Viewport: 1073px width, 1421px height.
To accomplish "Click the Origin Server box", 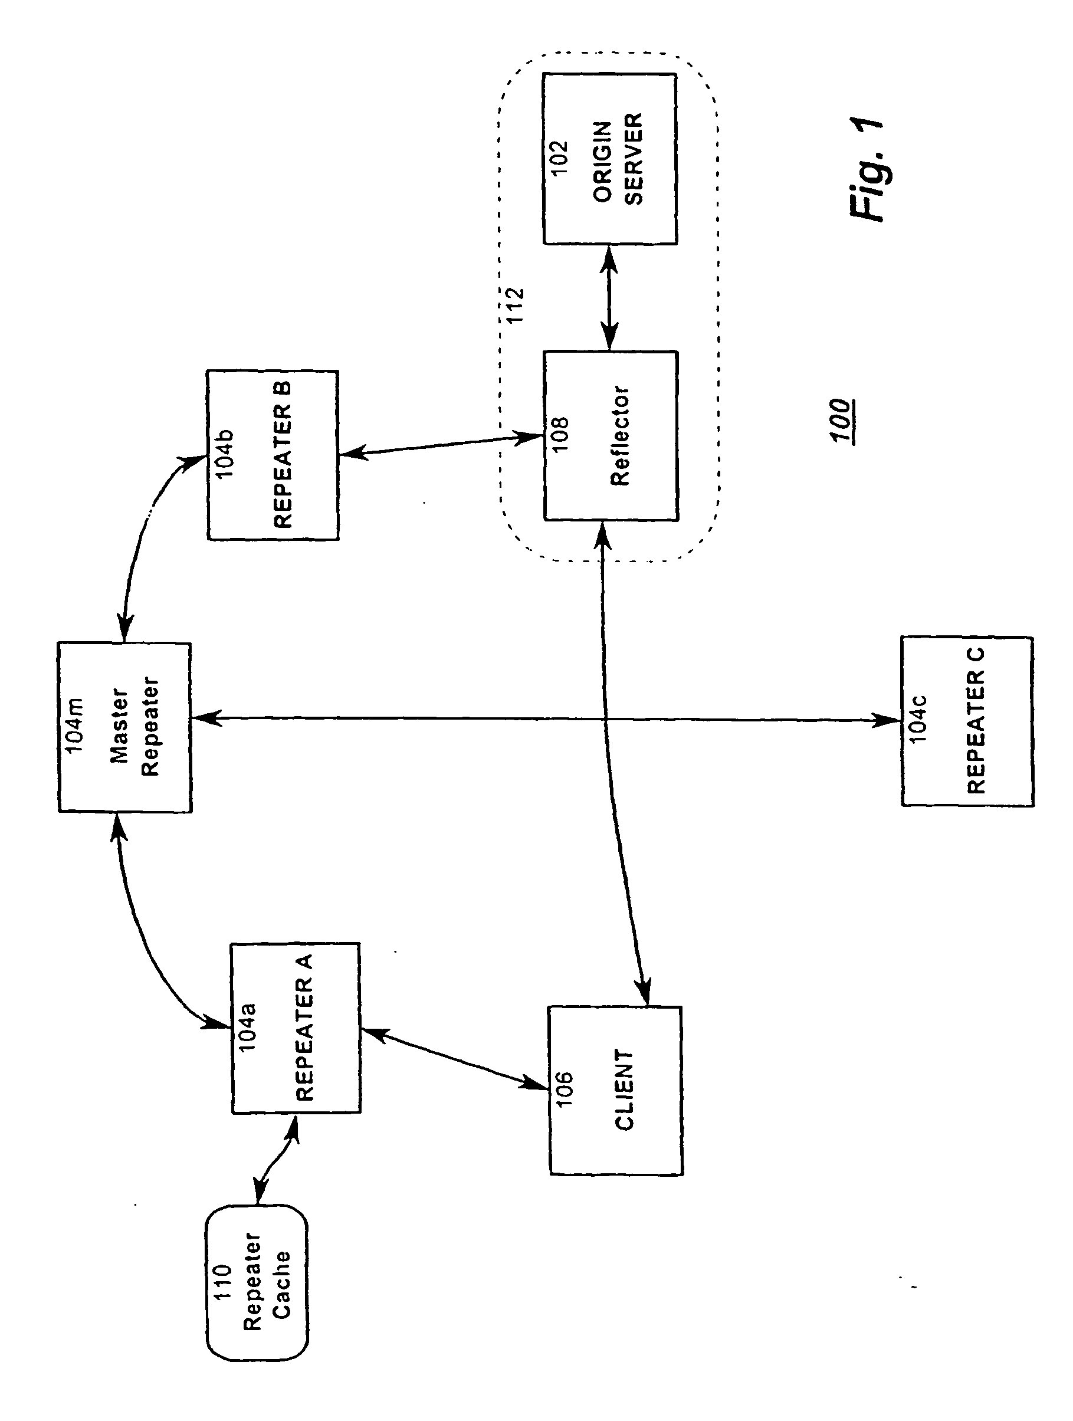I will (610, 159).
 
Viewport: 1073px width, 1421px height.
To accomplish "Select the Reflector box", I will (611, 435).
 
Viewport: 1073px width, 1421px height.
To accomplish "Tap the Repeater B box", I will (273, 455).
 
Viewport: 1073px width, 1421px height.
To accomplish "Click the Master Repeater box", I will (124, 727).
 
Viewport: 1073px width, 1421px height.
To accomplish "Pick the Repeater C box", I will (967, 721).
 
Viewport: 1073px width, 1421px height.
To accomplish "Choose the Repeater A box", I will (295, 1028).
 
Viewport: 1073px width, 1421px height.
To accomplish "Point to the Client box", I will (615, 1090).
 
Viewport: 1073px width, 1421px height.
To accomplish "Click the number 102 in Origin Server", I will (559, 157).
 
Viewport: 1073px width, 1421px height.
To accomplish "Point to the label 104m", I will (74, 724).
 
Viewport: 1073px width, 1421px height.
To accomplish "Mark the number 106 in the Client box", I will (564, 1089).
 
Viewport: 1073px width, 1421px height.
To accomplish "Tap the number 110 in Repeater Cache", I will (222, 1282).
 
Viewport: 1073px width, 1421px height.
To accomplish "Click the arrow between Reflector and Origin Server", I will (609, 297).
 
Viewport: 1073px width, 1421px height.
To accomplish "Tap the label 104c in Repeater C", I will (917, 720).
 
